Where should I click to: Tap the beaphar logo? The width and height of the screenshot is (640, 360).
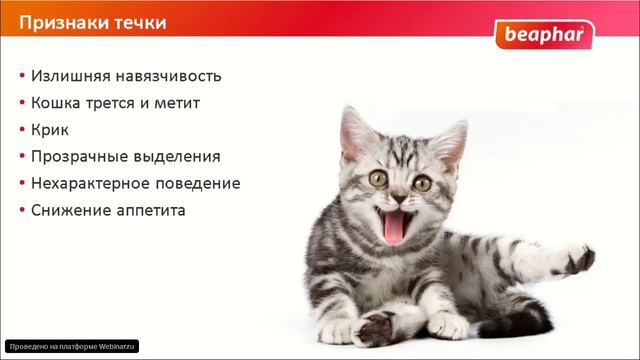coord(544,37)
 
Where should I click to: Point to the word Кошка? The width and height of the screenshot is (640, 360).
coord(57,103)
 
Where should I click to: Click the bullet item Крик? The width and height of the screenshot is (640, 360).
coord(52,130)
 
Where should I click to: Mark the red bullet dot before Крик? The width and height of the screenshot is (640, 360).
coord(21,131)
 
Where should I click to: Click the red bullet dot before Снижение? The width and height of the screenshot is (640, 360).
coord(21,212)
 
